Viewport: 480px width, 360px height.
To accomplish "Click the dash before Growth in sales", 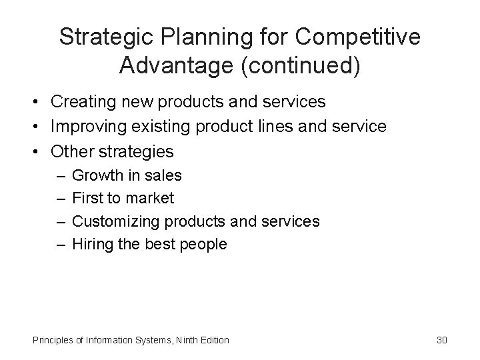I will tap(59, 176).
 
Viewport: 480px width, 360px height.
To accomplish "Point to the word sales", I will tap(163, 176).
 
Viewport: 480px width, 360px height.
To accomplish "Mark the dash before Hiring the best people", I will tap(59, 244).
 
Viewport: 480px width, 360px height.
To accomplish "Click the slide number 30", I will tap(442, 340).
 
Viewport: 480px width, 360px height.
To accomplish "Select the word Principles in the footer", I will tap(53, 340).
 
